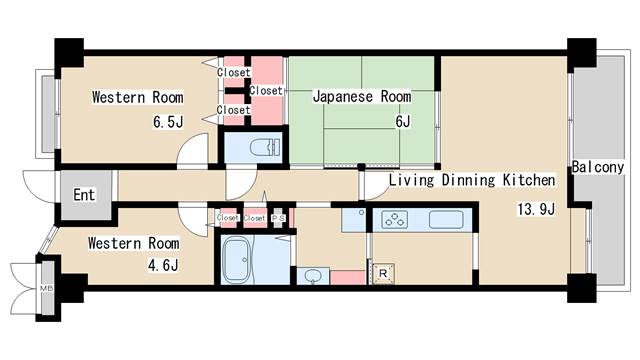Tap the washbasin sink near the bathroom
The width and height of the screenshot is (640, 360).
pos(313,275)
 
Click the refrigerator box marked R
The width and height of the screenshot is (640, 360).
pos(383,273)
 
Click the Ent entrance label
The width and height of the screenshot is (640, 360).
pos(84,193)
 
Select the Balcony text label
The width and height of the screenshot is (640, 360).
pos(598,168)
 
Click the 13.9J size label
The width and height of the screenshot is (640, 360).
pos(535,209)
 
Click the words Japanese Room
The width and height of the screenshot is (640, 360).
pos(362,97)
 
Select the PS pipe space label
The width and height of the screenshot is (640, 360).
pos(279,217)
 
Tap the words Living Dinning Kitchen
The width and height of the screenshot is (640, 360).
pos(471,181)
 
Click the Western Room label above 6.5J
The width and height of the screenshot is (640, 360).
pos(137,98)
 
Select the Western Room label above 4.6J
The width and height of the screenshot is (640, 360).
pos(133,243)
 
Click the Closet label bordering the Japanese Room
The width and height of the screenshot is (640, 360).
pos(266,91)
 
